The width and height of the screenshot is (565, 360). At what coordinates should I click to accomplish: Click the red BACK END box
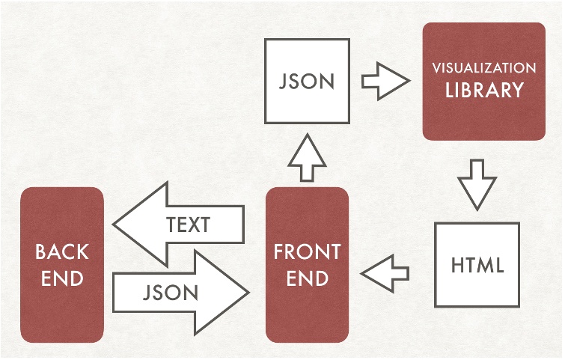[x=62, y=265]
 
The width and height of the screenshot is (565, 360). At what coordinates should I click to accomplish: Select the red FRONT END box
[x=307, y=265]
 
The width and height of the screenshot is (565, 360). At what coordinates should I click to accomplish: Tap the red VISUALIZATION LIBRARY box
[x=483, y=81]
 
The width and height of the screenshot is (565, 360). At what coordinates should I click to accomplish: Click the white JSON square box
[x=307, y=82]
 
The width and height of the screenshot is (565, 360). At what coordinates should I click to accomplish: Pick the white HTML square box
[x=477, y=265]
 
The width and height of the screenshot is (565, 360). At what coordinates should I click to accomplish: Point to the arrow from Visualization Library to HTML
[x=477, y=183]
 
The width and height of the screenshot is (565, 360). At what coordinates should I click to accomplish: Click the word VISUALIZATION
[x=483, y=68]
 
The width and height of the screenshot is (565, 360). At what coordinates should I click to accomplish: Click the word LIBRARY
[x=483, y=91]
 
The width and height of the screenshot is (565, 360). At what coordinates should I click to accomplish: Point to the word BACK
[x=62, y=252]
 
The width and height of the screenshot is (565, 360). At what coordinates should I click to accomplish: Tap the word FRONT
[x=307, y=252]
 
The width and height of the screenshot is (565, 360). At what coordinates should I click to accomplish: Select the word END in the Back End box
[x=62, y=278]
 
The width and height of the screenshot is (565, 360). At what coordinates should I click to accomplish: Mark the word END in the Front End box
[x=307, y=278]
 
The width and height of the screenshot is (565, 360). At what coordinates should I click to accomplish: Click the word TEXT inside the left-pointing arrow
[x=188, y=225]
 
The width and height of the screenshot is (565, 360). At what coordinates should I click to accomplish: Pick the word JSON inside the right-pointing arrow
[x=171, y=292]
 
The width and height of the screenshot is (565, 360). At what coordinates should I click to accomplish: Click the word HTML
[x=477, y=265]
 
